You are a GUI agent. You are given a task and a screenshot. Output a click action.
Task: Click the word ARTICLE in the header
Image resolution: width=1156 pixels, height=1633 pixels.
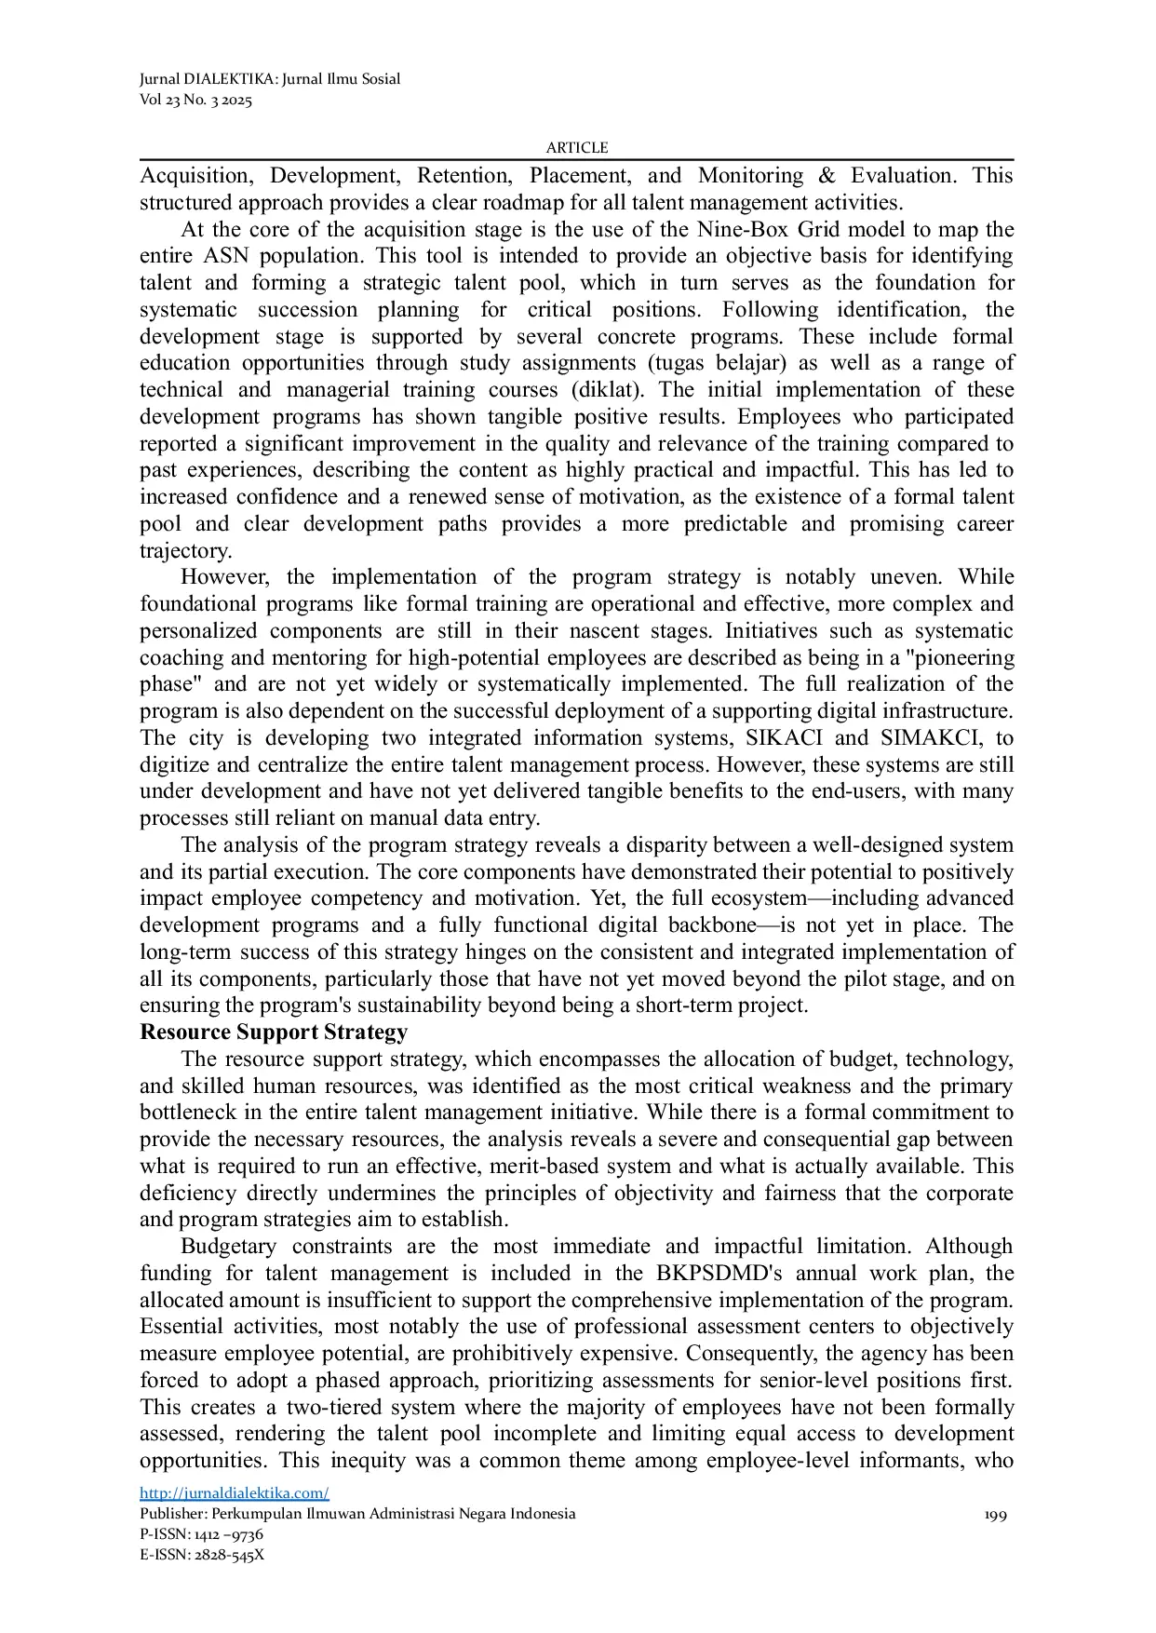pyautogui.click(x=576, y=148)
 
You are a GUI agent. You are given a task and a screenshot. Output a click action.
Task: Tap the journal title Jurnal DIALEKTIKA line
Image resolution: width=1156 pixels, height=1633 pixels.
pyautogui.click(x=270, y=79)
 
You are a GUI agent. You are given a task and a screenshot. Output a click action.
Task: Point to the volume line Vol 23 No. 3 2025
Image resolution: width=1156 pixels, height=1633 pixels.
pyautogui.click(x=195, y=101)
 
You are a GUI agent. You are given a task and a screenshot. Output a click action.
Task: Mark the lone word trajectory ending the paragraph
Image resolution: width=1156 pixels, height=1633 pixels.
pyautogui.click(x=184, y=551)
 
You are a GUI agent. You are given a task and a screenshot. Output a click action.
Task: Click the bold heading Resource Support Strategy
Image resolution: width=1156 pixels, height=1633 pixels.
pyautogui.click(x=274, y=1032)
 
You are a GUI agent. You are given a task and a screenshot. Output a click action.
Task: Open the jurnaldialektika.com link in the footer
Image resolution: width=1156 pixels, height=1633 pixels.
pyautogui.click(x=235, y=1493)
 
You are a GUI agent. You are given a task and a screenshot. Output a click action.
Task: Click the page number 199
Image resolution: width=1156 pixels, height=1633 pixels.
pyautogui.click(x=995, y=1515)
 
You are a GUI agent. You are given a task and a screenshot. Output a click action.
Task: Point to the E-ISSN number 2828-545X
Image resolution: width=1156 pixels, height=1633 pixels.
pyautogui.click(x=229, y=1555)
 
